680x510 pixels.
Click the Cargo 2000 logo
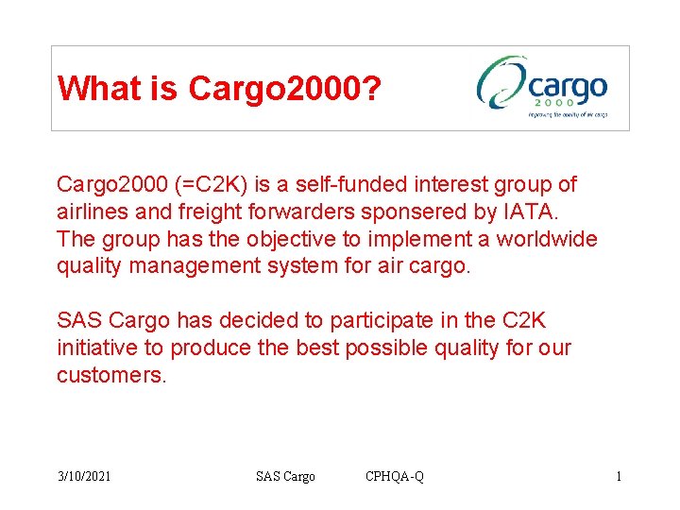pyautogui.click(x=542, y=87)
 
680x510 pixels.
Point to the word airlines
pyautogui.click(x=91, y=212)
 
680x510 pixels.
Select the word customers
pyautogui.click(x=110, y=375)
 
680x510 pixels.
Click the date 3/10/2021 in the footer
pyautogui.click(x=84, y=476)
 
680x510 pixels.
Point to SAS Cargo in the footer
pyautogui.click(x=285, y=476)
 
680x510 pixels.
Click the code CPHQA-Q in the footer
pyautogui.click(x=395, y=476)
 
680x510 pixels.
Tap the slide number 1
pyautogui.click(x=619, y=476)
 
